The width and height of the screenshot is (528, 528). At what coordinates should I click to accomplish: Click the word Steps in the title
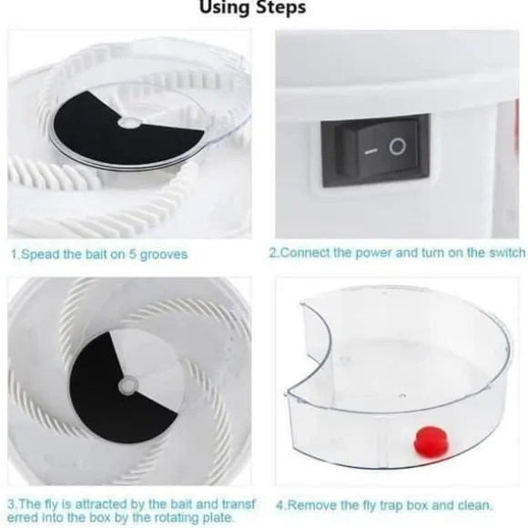pyautogui.click(x=281, y=7)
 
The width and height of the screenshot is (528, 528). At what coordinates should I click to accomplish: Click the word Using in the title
pyautogui.click(x=225, y=6)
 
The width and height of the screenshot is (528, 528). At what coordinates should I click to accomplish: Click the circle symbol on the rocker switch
pyautogui.click(x=398, y=147)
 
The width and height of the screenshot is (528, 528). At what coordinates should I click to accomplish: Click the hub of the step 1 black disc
pyautogui.click(x=129, y=123)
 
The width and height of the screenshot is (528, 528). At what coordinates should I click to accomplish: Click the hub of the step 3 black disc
pyautogui.click(x=128, y=386)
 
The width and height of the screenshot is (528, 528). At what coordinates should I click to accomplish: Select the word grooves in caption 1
pyautogui.click(x=164, y=255)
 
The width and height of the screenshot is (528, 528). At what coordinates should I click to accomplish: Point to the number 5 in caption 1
pyautogui.click(x=132, y=254)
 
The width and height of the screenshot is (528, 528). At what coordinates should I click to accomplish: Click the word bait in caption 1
pyautogui.click(x=96, y=254)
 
